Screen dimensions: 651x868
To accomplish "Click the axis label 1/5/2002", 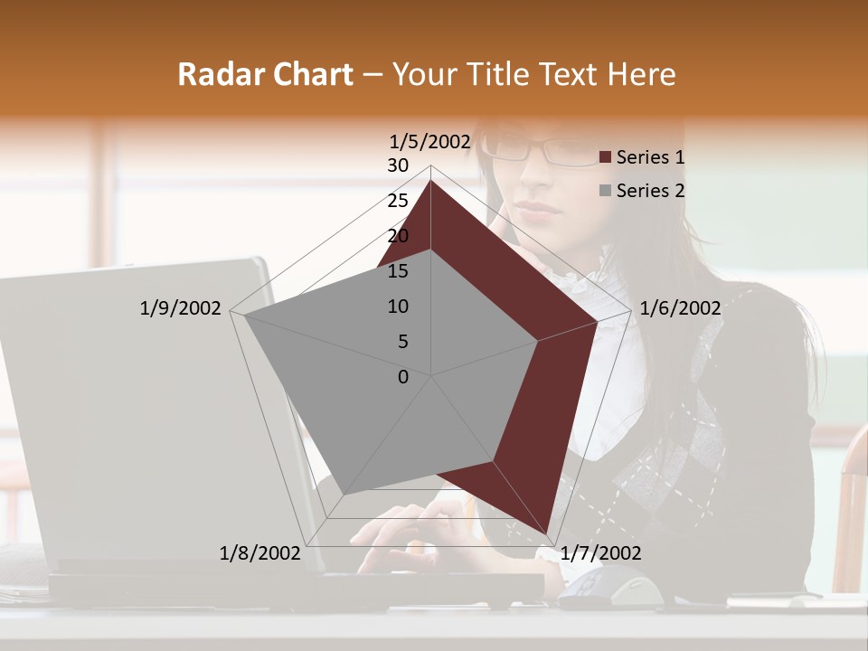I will click(429, 141).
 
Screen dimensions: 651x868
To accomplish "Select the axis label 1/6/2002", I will click(680, 308).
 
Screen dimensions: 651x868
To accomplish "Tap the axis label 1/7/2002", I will click(600, 553).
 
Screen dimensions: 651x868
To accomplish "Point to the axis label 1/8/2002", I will click(259, 553).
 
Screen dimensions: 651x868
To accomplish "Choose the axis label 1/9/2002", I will click(180, 308).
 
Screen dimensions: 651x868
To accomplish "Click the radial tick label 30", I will click(398, 165).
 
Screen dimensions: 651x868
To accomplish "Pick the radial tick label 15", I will click(398, 271).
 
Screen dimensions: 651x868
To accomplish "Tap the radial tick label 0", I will click(403, 377).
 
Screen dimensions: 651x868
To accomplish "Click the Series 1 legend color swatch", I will click(606, 157).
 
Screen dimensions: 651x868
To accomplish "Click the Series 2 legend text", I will click(650, 191).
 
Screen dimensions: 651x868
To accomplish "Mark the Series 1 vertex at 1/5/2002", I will click(431, 180).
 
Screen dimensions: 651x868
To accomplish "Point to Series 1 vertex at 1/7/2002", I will click(547, 533).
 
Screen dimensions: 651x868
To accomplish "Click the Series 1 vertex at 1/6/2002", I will click(598, 321).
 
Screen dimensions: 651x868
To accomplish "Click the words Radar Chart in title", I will click(265, 75).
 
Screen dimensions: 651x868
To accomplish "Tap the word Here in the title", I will click(641, 75).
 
